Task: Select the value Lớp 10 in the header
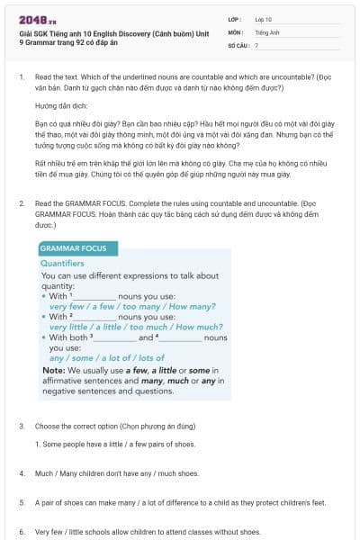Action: point(263,19)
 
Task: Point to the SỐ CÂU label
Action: point(238,44)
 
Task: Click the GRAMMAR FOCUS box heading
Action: point(73,248)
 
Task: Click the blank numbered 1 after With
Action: point(94,295)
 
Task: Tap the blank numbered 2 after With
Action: point(94,317)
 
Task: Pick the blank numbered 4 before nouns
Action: point(180,337)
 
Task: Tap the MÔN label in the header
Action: point(236,31)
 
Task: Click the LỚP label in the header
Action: point(235,19)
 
